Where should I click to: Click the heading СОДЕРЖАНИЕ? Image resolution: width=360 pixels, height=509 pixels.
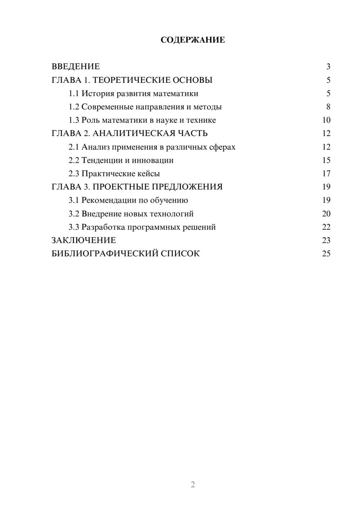pyautogui.click(x=193, y=40)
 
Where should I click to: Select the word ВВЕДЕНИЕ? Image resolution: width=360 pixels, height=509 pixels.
pyautogui.click(x=76, y=67)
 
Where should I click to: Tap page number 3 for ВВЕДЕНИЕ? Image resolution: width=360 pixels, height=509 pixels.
pyautogui.click(x=328, y=67)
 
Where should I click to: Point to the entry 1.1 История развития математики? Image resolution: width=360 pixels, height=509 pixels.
pyautogui.click(x=133, y=94)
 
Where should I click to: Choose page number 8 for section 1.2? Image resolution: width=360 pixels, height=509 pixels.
pyautogui.click(x=328, y=107)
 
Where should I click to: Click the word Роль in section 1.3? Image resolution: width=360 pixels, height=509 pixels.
pyautogui.click(x=90, y=120)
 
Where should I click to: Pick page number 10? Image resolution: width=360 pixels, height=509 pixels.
pyautogui.click(x=326, y=120)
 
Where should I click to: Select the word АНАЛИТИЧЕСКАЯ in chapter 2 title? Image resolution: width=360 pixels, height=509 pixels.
pyautogui.click(x=133, y=134)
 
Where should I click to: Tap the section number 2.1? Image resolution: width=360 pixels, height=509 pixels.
pyautogui.click(x=74, y=147)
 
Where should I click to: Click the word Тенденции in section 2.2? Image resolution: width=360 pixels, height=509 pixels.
pyautogui.click(x=102, y=160)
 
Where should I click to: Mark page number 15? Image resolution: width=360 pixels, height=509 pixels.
pyautogui.click(x=326, y=160)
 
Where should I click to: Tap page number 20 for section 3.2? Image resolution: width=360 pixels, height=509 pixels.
pyautogui.click(x=326, y=214)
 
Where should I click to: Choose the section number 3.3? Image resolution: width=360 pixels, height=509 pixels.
pyautogui.click(x=74, y=227)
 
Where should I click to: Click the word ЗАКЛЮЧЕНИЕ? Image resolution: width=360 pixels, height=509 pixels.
pyautogui.click(x=84, y=240)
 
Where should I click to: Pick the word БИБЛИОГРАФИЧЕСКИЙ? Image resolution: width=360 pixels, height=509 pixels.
pyautogui.click(x=105, y=254)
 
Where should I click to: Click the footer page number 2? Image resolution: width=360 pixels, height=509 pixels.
pyautogui.click(x=193, y=485)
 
